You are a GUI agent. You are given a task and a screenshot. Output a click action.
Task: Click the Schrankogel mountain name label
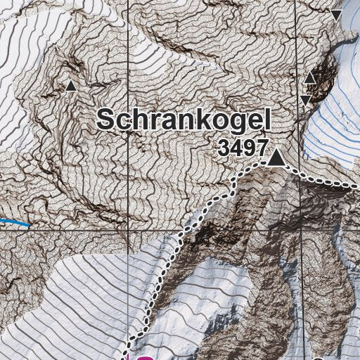coord(184,120)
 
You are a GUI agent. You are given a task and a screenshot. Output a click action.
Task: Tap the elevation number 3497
coord(243,148)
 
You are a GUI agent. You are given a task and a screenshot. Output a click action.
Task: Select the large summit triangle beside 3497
coord(278,158)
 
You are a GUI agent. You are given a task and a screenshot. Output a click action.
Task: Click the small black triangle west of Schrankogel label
coord(70,86)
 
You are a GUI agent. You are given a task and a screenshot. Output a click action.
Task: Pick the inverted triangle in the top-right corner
coord(337,15)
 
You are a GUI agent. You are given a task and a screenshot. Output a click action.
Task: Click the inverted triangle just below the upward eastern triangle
coord(307,101)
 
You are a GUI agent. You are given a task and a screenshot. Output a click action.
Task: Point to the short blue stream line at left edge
coord(14,222)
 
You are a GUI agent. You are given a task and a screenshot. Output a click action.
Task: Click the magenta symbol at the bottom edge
coord(144,356)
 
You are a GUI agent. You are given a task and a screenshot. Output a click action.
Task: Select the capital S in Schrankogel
coord(107,119)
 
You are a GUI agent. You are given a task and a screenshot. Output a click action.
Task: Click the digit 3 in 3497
coord(224,148)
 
